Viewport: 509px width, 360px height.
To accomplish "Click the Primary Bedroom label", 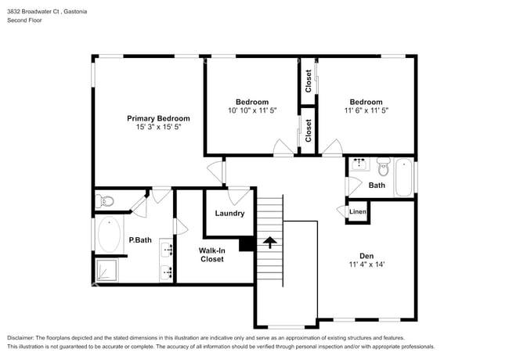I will tap(158, 118).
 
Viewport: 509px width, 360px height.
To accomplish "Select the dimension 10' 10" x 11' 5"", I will tap(252, 110).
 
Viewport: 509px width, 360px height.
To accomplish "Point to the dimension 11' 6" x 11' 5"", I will tap(366, 110).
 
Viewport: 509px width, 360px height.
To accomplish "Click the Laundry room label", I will tap(229, 213).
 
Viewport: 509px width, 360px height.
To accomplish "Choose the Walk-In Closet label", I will tap(211, 254).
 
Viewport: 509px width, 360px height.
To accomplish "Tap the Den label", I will tap(366, 255).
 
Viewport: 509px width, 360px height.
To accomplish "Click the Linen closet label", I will tap(358, 212).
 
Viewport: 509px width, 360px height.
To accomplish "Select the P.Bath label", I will tap(140, 239).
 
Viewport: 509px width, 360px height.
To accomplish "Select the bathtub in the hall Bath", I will tap(404, 177).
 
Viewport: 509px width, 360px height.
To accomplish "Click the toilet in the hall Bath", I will tap(383, 167).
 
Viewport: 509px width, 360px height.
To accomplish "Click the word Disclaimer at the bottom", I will tap(24, 337).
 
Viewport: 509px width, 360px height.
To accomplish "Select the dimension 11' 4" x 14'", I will tap(366, 265).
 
